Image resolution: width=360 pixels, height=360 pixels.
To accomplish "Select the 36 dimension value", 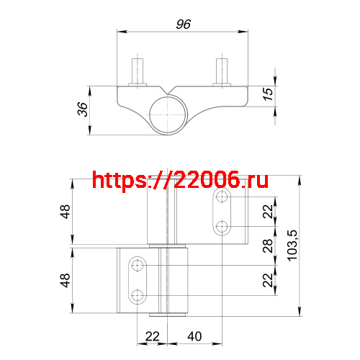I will click(82, 109).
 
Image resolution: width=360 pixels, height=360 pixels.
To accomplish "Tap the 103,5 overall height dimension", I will click(291, 245).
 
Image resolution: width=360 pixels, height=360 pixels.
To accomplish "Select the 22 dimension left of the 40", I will click(151, 336).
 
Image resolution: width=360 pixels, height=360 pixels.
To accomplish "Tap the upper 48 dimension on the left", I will click(66, 212).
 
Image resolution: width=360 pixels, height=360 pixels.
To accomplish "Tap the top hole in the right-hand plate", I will click(222, 197).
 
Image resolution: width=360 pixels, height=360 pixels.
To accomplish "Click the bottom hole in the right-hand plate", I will click(222, 227).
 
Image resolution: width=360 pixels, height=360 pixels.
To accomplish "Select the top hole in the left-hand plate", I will click(136, 266).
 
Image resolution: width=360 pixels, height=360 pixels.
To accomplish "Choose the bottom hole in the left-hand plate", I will click(136, 295).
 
